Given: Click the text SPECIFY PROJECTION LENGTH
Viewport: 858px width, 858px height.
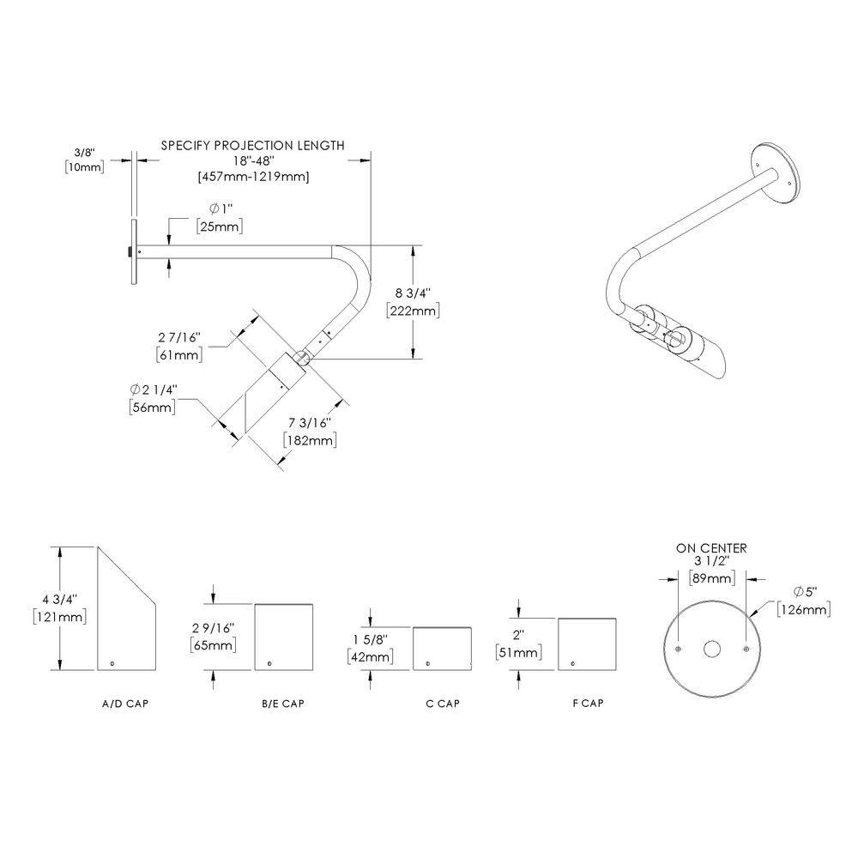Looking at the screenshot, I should (253, 146).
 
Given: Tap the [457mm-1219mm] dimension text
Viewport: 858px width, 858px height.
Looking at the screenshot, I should (253, 177).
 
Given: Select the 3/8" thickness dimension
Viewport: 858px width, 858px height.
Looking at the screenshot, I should (84, 152).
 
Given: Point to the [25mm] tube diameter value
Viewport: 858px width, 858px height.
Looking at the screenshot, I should (220, 227).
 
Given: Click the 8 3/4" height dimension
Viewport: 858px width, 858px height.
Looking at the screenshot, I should (413, 294).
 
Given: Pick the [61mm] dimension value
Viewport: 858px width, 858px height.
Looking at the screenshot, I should (178, 353).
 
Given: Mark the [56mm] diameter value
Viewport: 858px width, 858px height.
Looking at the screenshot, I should (152, 408).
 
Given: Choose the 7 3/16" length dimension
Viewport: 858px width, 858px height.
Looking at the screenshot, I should (309, 424).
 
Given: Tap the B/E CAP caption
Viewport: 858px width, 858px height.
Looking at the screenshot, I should (283, 704).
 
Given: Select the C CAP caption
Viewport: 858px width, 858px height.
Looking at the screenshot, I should (443, 704).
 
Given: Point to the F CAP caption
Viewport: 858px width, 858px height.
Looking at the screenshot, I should (588, 704).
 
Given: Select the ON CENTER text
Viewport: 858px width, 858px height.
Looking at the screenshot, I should (711, 548).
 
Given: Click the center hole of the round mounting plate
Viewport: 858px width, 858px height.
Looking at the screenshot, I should (711, 649).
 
